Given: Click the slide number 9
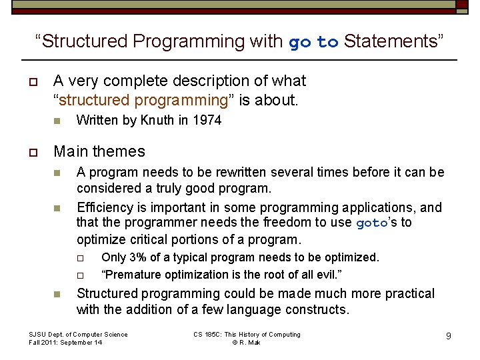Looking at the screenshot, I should (x=449, y=336).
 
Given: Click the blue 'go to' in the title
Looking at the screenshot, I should (x=313, y=42).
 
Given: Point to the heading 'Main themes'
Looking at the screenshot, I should (x=99, y=151).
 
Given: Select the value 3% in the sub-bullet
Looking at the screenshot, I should (x=139, y=257).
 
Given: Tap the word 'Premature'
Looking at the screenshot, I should (x=130, y=275).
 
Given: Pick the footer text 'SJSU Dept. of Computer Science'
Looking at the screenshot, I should (x=78, y=334).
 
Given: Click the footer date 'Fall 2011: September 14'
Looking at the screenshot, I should (x=65, y=343).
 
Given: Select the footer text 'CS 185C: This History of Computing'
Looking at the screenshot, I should (x=247, y=334).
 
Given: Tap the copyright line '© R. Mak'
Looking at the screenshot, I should (x=246, y=343).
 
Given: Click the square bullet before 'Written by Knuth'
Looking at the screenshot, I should (x=57, y=121).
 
